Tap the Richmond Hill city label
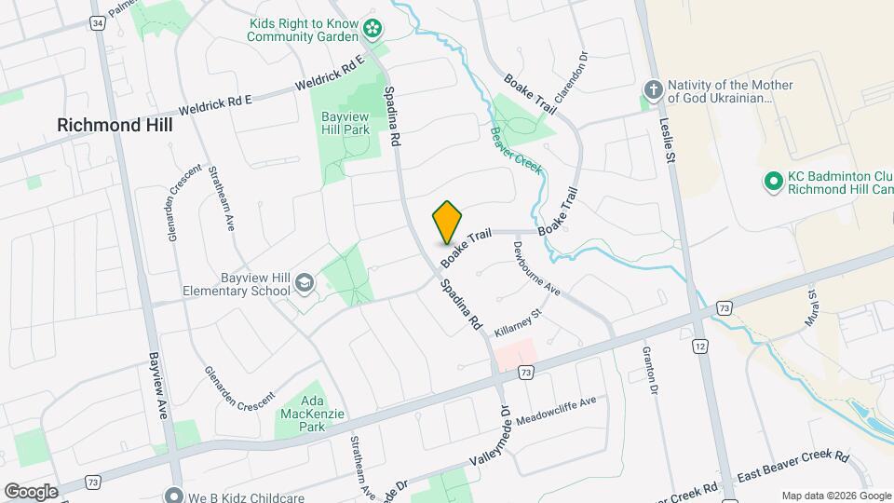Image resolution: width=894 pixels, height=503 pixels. (x=115, y=125)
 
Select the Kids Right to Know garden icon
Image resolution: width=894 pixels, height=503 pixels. (x=373, y=29)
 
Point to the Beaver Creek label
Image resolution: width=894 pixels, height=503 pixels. (x=515, y=148)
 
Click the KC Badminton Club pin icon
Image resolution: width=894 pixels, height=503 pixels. (x=772, y=181)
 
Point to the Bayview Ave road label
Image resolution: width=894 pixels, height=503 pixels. (x=156, y=385)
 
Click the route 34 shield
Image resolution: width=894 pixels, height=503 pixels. (x=98, y=21)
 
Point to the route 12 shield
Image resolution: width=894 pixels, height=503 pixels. (x=700, y=347)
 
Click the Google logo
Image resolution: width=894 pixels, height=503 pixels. (x=31, y=491)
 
